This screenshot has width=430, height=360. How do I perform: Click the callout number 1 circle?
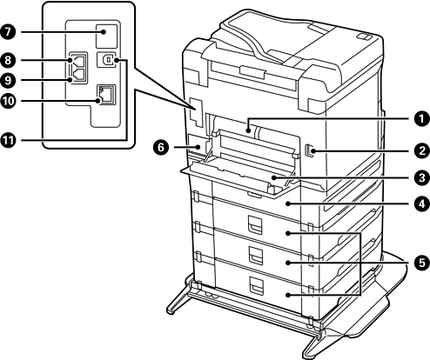[x=420, y=119]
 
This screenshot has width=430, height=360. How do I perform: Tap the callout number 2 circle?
[x=420, y=150]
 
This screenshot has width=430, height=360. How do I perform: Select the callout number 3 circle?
[x=420, y=177]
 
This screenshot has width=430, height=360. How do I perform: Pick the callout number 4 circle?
[x=420, y=203]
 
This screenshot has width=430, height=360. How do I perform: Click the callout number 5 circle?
[x=420, y=263]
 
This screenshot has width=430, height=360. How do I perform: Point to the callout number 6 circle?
[x=161, y=148]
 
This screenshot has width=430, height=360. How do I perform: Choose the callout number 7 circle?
[x=9, y=31]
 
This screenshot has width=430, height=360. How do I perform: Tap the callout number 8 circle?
[x=9, y=60]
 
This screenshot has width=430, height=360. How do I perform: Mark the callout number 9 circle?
[x=9, y=80]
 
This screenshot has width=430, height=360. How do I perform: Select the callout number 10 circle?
[x=9, y=101]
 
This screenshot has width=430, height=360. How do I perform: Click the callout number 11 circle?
[x=9, y=140]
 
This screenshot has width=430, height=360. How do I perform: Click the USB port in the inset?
[x=106, y=60]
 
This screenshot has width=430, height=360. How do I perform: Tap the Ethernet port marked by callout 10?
[x=106, y=95]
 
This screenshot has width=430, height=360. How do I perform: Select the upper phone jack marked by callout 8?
[x=78, y=61]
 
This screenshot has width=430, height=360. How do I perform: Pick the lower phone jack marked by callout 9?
[x=78, y=76]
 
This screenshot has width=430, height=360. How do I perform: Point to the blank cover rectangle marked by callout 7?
[x=106, y=36]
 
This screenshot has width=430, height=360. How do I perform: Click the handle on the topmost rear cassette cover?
[x=255, y=224]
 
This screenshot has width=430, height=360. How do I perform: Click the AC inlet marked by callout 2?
[x=307, y=150]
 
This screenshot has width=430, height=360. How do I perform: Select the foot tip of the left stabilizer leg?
[x=171, y=310]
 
